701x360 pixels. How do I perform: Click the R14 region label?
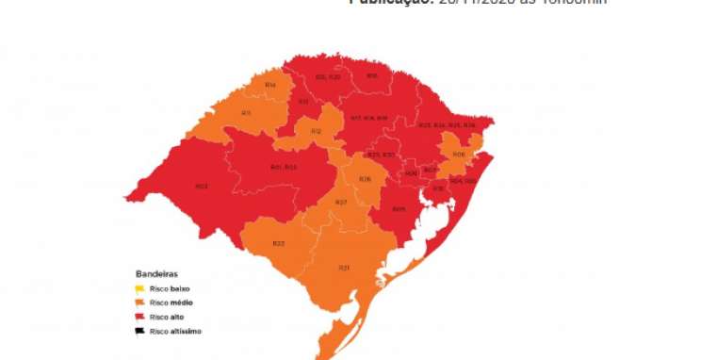pos(270,86)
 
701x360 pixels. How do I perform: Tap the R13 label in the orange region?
pos(246,114)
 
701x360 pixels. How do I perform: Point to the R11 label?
pos(304,101)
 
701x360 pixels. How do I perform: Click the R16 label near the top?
pos(372,75)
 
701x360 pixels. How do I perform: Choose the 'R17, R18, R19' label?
pos(369,118)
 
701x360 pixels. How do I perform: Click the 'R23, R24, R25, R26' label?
pos(448,125)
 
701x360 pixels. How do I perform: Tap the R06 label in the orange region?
pos(459,155)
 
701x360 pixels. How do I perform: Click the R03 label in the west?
pos(201,187)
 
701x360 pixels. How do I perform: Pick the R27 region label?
pos(342,203)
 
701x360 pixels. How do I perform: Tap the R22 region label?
pos(279,243)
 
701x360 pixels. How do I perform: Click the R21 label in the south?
pos(345,268)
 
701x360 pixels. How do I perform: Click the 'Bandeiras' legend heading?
pos(155,273)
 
